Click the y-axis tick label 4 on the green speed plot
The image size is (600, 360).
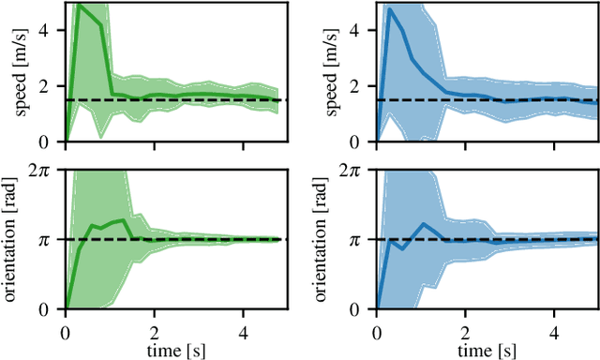(52, 30)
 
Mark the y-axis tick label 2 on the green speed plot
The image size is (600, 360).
(52, 86)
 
